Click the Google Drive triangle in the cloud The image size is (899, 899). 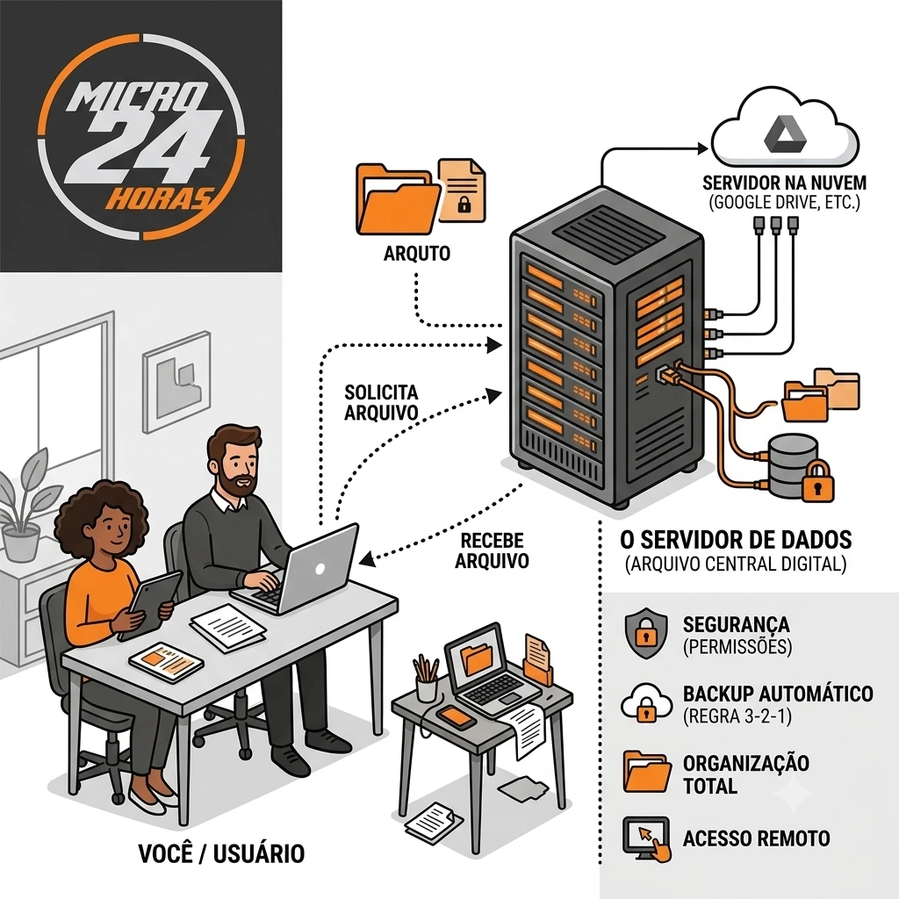pyautogui.click(x=785, y=136)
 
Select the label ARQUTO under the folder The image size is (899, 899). pyautogui.click(x=417, y=253)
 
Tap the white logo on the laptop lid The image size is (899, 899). pyautogui.click(x=320, y=568)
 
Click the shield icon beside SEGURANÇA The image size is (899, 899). pyautogui.click(x=646, y=632)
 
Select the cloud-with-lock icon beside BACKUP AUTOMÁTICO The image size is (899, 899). pyautogui.click(x=646, y=702)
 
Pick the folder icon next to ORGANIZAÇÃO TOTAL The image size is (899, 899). pyautogui.click(x=647, y=772)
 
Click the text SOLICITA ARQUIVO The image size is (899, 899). pyautogui.click(x=381, y=402)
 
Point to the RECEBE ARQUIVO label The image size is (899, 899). pyautogui.click(x=492, y=550)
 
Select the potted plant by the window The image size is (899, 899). pyautogui.click(x=24, y=505)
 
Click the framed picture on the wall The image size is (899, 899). pyautogui.click(x=176, y=382)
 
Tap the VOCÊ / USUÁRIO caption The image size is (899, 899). pyautogui.click(x=221, y=853)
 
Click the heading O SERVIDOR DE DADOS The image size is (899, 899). pyautogui.click(x=736, y=540)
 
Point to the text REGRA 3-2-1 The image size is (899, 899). pyautogui.click(x=737, y=716)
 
